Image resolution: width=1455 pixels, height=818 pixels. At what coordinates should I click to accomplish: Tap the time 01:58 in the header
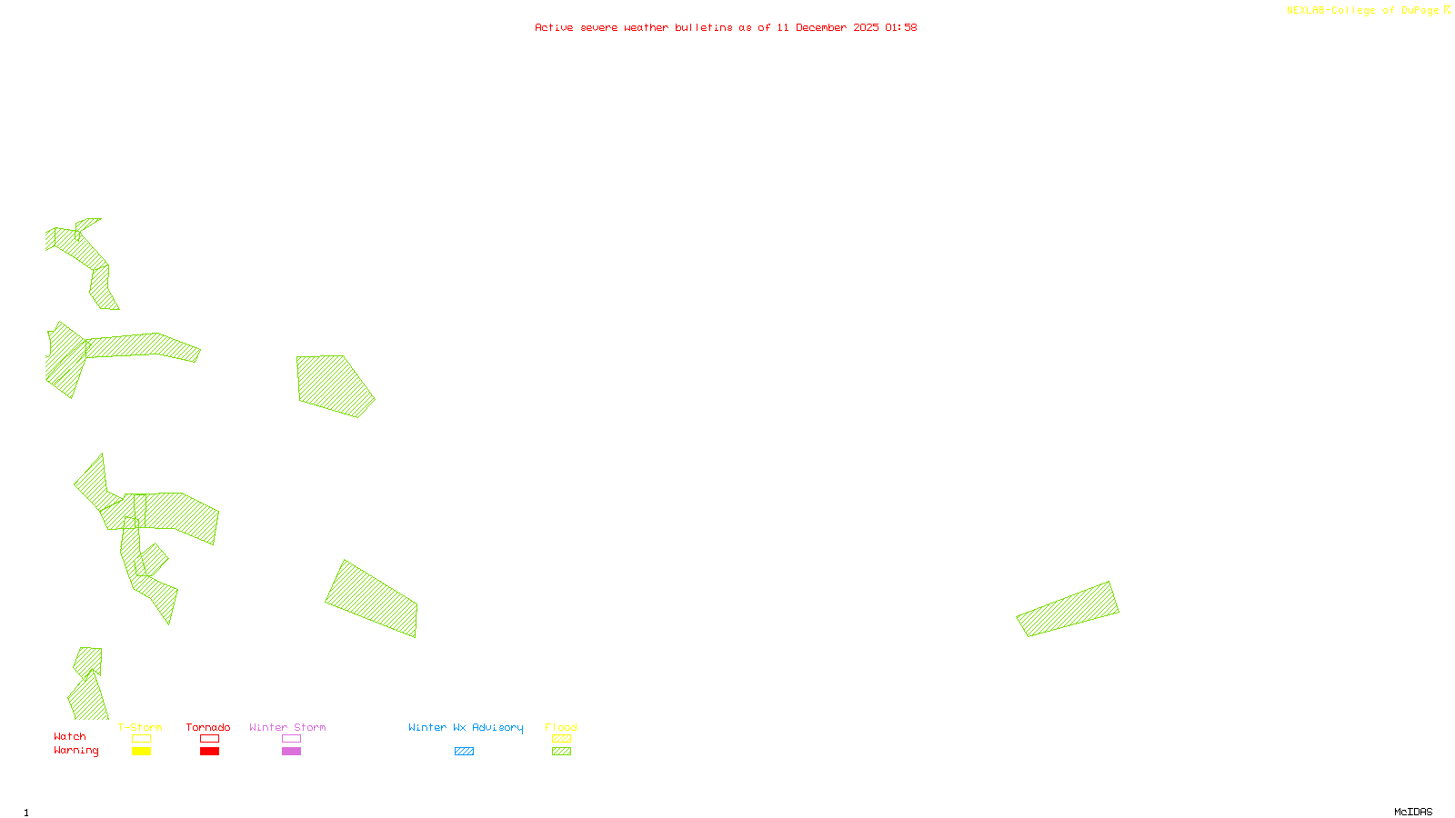click(x=900, y=27)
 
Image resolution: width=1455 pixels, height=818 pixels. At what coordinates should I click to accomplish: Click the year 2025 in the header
click(x=866, y=27)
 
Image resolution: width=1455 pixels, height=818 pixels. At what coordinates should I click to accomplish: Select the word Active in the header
click(x=554, y=27)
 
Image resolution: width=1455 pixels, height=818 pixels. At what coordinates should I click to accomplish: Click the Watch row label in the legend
click(x=70, y=736)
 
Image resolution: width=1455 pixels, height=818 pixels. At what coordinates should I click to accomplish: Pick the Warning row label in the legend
click(x=75, y=751)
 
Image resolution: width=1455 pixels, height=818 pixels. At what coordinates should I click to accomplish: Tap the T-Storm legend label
click(x=140, y=727)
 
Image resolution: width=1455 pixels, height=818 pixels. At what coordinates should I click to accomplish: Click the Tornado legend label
click(x=208, y=727)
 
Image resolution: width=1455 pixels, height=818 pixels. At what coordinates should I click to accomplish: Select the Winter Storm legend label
click(x=287, y=727)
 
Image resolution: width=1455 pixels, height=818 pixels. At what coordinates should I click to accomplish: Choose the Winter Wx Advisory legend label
click(x=466, y=727)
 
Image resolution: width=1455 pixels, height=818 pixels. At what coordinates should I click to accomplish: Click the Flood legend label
click(x=561, y=727)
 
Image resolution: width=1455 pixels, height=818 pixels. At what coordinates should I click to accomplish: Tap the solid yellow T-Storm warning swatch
click(x=141, y=752)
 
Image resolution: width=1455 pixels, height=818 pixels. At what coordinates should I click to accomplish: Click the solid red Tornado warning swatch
click(x=209, y=752)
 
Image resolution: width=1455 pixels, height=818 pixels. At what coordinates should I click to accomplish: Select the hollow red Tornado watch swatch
click(x=209, y=739)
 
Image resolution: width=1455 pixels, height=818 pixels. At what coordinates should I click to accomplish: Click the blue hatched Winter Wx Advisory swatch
click(x=464, y=752)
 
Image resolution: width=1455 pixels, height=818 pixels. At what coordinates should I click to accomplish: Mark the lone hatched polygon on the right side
click(x=1068, y=609)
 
